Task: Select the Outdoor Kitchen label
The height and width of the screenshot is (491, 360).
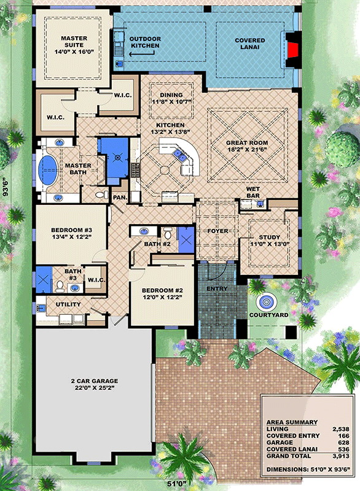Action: (144, 42)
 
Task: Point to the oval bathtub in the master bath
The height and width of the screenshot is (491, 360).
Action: (47, 170)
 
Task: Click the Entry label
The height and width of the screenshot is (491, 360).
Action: (217, 288)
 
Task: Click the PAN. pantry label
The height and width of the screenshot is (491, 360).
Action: (120, 197)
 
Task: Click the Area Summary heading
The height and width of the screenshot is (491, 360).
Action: (292, 422)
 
